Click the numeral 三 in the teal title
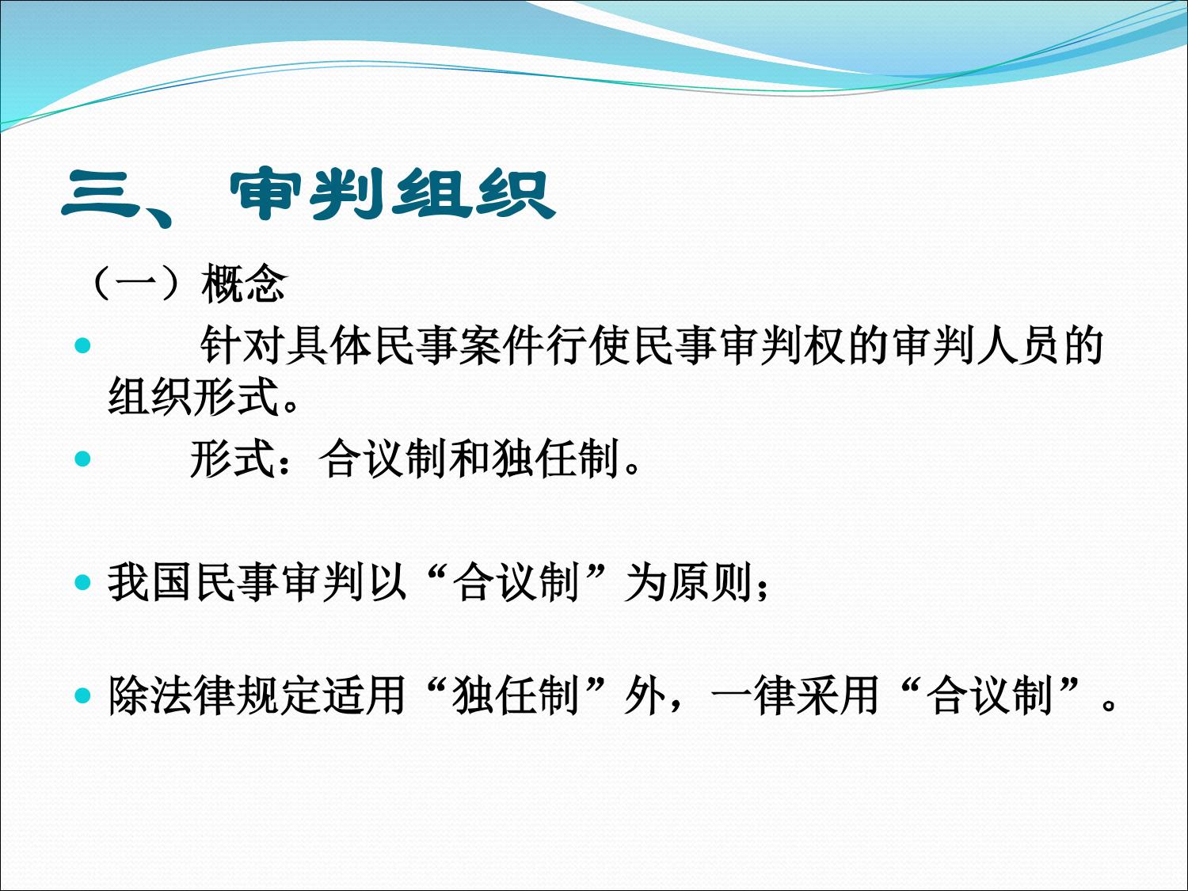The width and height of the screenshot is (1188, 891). pos(100,195)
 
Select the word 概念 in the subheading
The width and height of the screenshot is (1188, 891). pos(244,284)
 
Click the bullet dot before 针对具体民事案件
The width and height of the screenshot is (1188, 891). pos(82,345)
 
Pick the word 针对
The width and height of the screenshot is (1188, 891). pos(242,345)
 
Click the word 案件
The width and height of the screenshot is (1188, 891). pos(501,345)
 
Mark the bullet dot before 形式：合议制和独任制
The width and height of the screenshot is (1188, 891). pos(82,459)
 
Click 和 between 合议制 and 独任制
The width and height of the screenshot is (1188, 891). pos(470,459)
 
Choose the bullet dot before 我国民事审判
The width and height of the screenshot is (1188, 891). pos(82,583)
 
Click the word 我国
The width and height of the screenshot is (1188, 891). pos(151,583)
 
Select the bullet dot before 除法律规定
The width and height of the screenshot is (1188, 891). pos(82,695)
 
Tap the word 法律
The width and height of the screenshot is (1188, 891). pos(194,695)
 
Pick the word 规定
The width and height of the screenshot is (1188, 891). pos(280,695)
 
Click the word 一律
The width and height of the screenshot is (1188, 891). pos(753,695)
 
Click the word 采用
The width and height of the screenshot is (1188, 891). pos(839,695)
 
